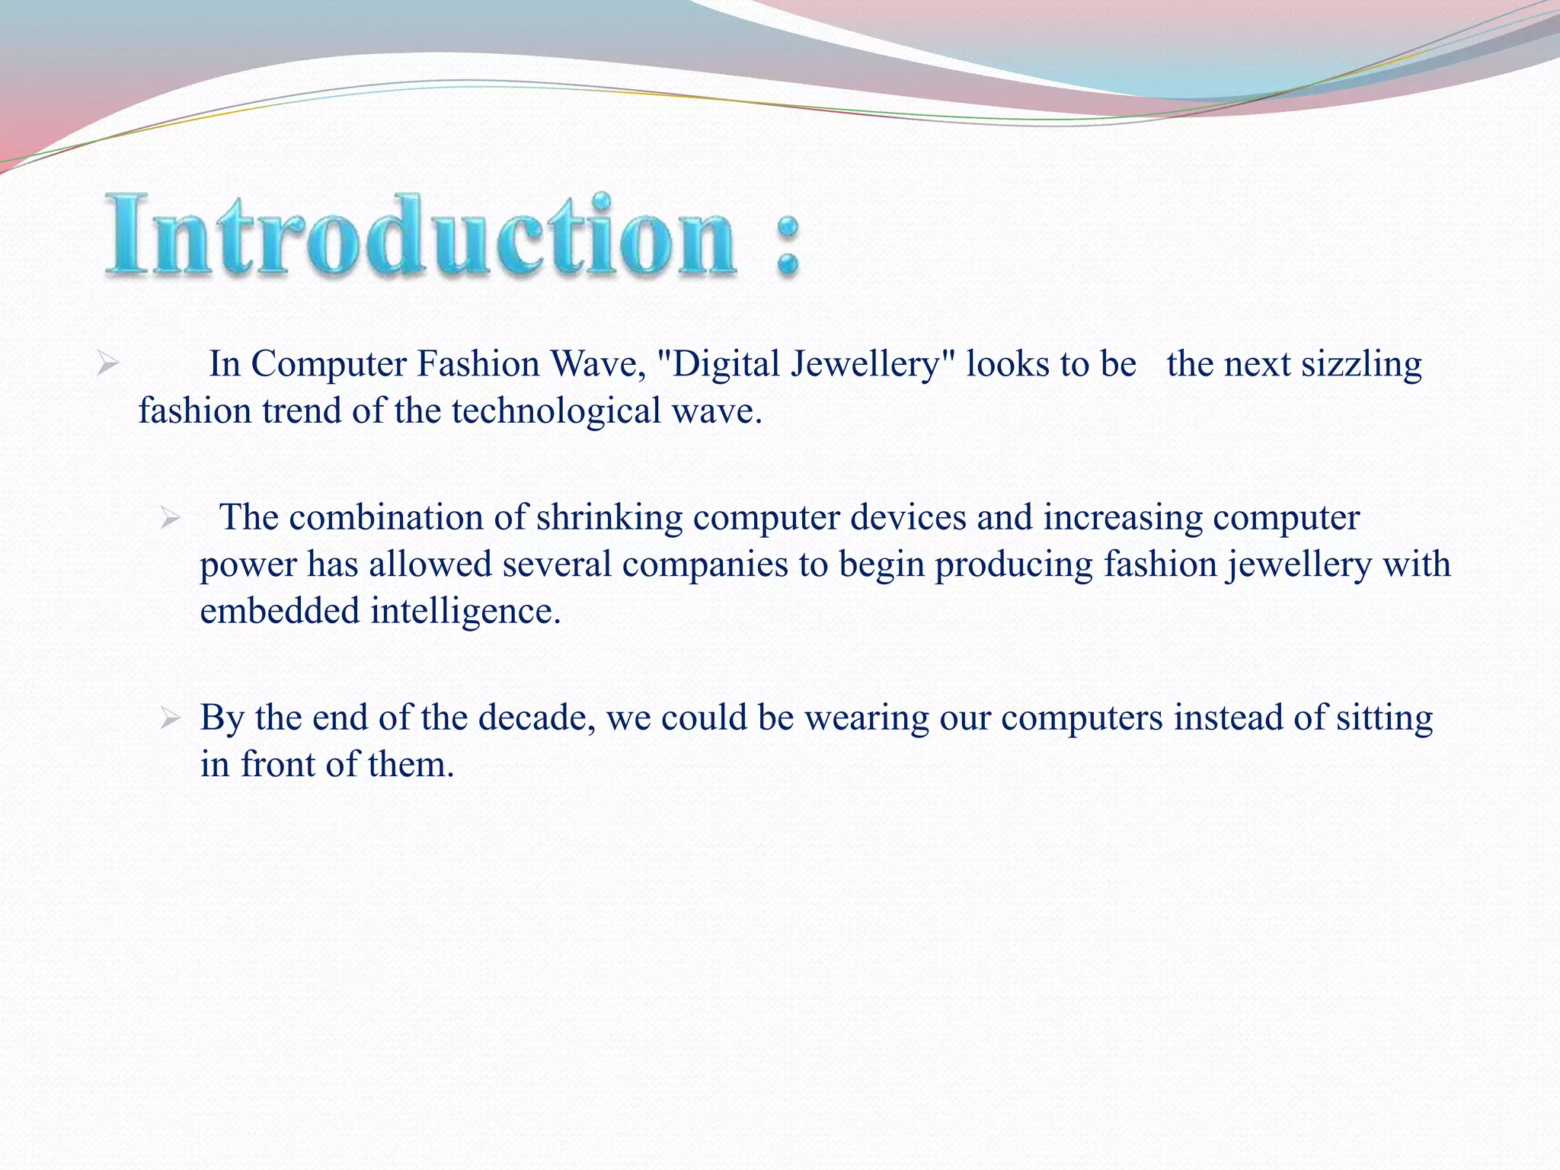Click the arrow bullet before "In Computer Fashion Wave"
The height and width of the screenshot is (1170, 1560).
(x=107, y=364)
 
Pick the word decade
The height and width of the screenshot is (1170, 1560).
(x=536, y=718)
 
